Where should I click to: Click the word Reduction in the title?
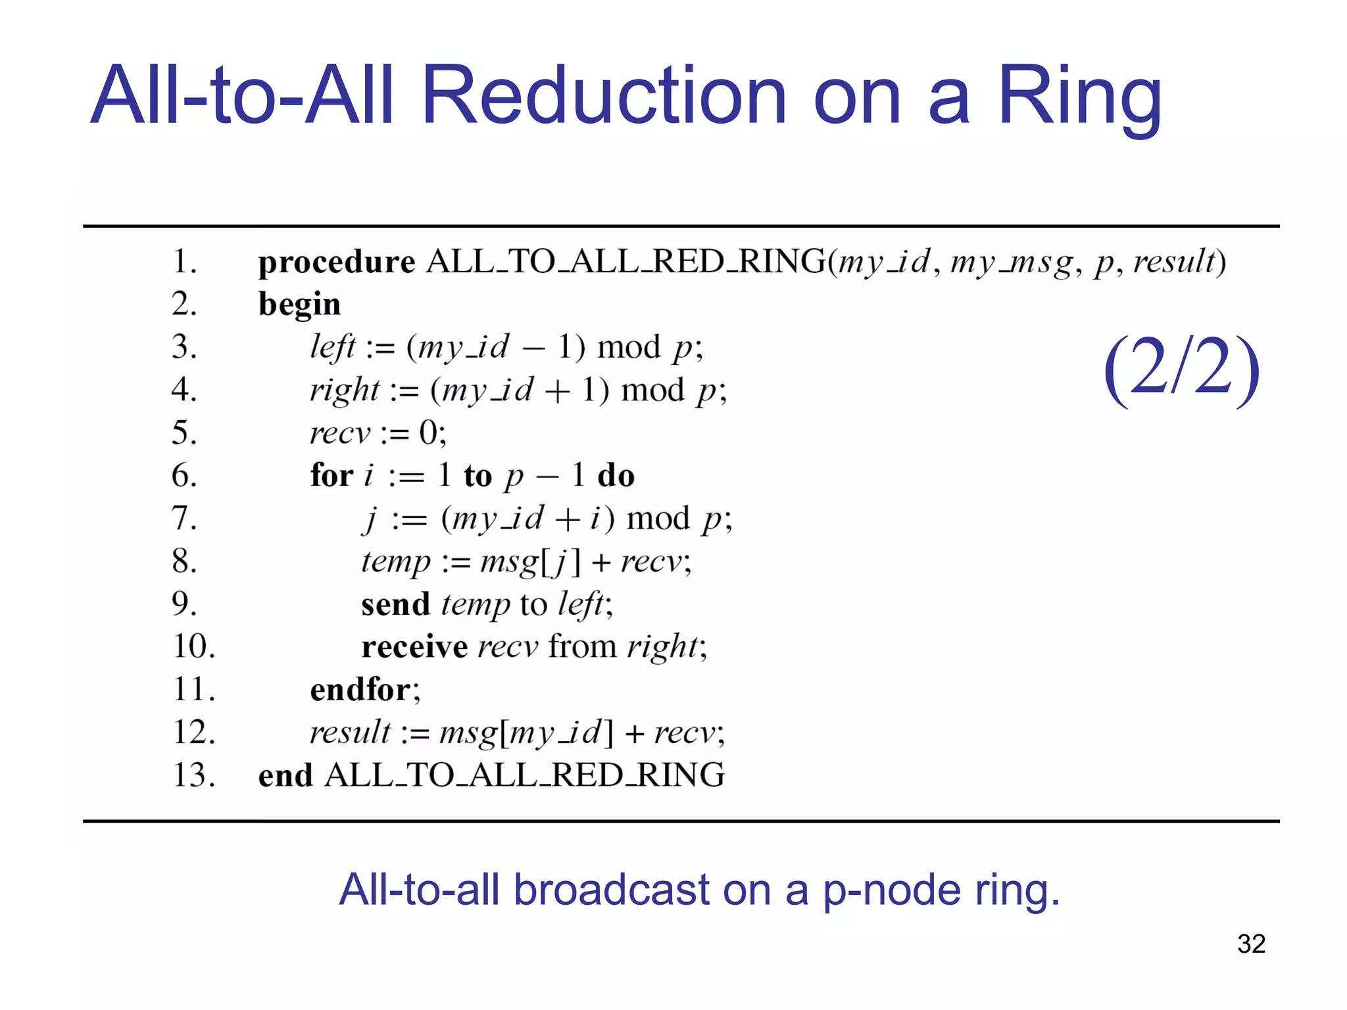pyautogui.click(x=603, y=95)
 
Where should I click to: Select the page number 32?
pyautogui.click(x=1251, y=944)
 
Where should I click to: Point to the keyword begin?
pyautogui.click(x=299, y=304)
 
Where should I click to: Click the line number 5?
pyautogui.click(x=184, y=433)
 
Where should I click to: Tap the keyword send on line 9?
pyautogui.click(x=395, y=604)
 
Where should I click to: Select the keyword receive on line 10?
pyautogui.click(x=414, y=647)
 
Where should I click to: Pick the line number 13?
pyautogui.click(x=193, y=775)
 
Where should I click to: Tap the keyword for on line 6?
pyautogui.click(x=331, y=475)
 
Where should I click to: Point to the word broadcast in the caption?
pyautogui.click(x=612, y=890)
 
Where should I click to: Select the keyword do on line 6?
pyautogui.click(x=616, y=475)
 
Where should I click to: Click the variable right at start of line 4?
pyautogui.click(x=345, y=391)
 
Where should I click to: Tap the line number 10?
pyautogui.click(x=193, y=646)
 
